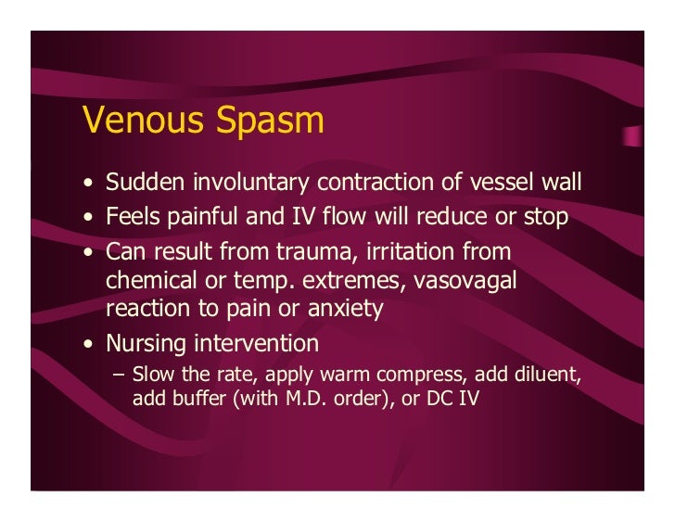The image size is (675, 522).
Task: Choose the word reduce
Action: pyautogui.click(x=456, y=217)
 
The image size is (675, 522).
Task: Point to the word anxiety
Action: pyautogui.click(x=343, y=309)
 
